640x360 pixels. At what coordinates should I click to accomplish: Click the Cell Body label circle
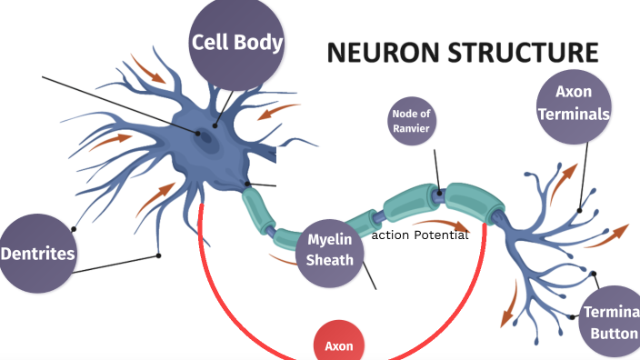(236, 44)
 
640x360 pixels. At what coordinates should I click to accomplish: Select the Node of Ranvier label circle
(411, 121)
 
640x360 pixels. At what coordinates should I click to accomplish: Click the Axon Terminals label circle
(573, 106)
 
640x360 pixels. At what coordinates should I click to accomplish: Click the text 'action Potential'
(420, 235)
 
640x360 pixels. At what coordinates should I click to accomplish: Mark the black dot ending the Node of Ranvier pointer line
(439, 192)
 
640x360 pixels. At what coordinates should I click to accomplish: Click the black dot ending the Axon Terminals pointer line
(579, 210)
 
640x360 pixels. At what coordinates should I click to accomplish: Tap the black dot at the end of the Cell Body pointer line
(215, 125)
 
